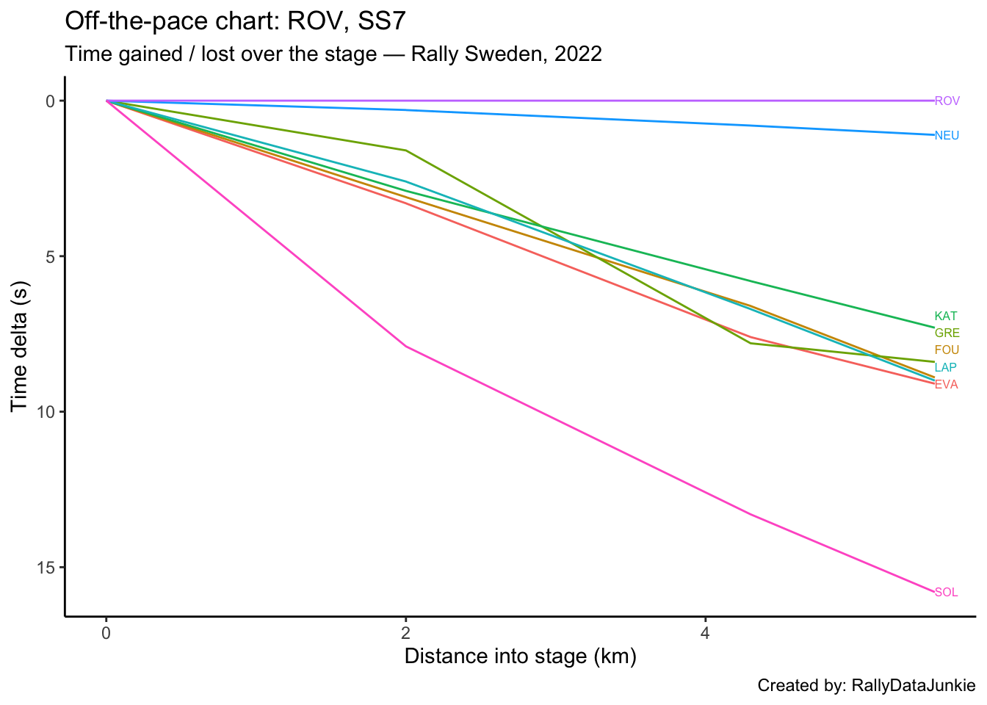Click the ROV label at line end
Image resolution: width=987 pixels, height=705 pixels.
(x=947, y=101)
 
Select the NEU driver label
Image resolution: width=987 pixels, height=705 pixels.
(x=947, y=136)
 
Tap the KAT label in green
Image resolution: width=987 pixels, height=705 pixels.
(x=946, y=317)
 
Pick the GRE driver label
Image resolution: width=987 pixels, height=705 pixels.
(x=947, y=333)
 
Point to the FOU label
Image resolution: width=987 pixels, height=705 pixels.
(x=947, y=350)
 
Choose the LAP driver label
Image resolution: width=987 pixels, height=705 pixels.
(x=946, y=367)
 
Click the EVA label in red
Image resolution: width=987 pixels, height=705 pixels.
(x=946, y=385)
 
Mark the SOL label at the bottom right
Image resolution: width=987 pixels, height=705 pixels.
(x=946, y=593)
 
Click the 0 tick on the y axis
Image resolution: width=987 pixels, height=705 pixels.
(x=51, y=101)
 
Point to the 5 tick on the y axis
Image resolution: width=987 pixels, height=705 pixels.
(x=51, y=257)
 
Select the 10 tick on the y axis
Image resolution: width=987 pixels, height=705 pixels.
(x=46, y=412)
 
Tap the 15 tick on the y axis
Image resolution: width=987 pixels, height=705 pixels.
(x=46, y=568)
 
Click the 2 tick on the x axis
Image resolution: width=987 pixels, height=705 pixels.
(x=405, y=633)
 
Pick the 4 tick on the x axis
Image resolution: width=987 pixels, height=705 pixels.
(x=705, y=633)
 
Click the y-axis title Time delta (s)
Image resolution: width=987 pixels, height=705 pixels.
(x=20, y=345)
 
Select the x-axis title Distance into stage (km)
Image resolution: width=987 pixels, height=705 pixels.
(x=520, y=656)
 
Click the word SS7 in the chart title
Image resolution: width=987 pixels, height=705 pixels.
(x=381, y=21)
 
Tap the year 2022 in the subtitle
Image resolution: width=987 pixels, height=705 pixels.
(x=578, y=54)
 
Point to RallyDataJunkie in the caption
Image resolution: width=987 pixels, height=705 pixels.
(x=913, y=686)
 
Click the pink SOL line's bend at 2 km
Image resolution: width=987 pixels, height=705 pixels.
(x=405, y=346)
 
